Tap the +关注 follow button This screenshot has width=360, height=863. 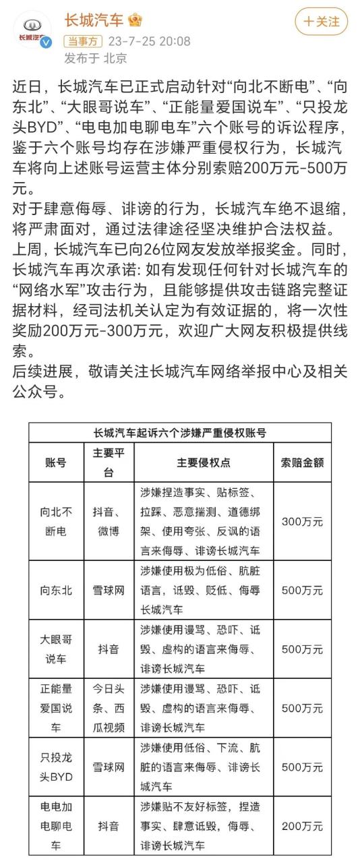(x=321, y=22)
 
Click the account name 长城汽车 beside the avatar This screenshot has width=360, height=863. (x=94, y=20)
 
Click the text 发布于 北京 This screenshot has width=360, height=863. (x=95, y=58)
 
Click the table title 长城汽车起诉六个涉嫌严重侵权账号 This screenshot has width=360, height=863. (x=179, y=434)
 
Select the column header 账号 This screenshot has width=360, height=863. (x=55, y=463)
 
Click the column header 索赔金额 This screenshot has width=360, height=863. (x=302, y=463)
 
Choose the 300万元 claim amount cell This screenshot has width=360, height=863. (x=302, y=520)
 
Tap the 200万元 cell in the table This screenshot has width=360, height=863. (x=302, y=825)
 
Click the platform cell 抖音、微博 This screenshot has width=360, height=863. (x=109, y=520)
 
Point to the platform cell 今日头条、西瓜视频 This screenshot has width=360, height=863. (x=109, y=708)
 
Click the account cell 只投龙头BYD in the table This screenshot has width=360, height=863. (x=55, y=767)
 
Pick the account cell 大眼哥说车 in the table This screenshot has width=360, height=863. (x=55, y=649)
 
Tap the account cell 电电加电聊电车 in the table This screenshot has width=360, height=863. (x=55, y=825)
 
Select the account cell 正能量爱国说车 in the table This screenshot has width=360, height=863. (x=55, y=708)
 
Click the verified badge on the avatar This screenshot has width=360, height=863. (x=47, y=43)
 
